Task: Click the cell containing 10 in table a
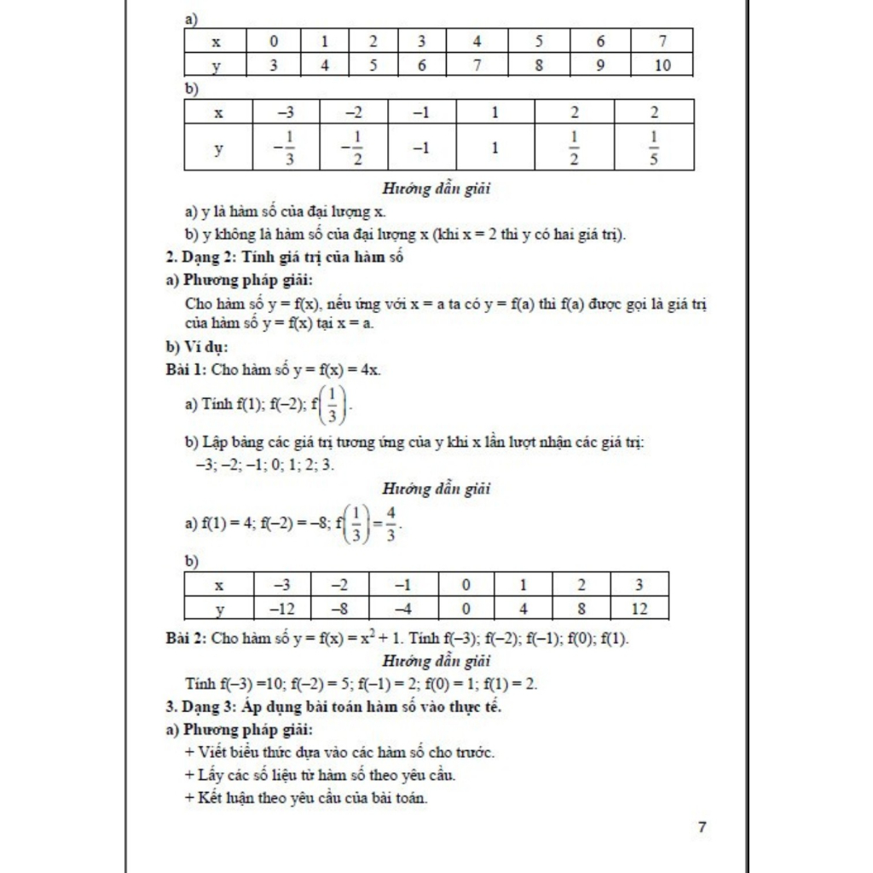[x=662, y=65]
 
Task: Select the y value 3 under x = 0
[x=274, y=65]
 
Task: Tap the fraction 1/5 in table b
[x=654, y=148]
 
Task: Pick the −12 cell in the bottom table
[x=281, y=609]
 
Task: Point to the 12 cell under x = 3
[x=639, y=609]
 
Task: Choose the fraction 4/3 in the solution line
[x=390, y=523]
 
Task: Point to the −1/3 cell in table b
[x=284, y=148]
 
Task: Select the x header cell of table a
[x=217, y=41]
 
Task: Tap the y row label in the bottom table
[x=219, y=609]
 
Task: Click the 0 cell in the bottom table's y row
[x=465, y=609]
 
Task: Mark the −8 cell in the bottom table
[x=339, y=609]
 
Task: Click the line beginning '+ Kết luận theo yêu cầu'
[x=306, y=798]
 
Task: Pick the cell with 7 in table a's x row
[x=662, y=41]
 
